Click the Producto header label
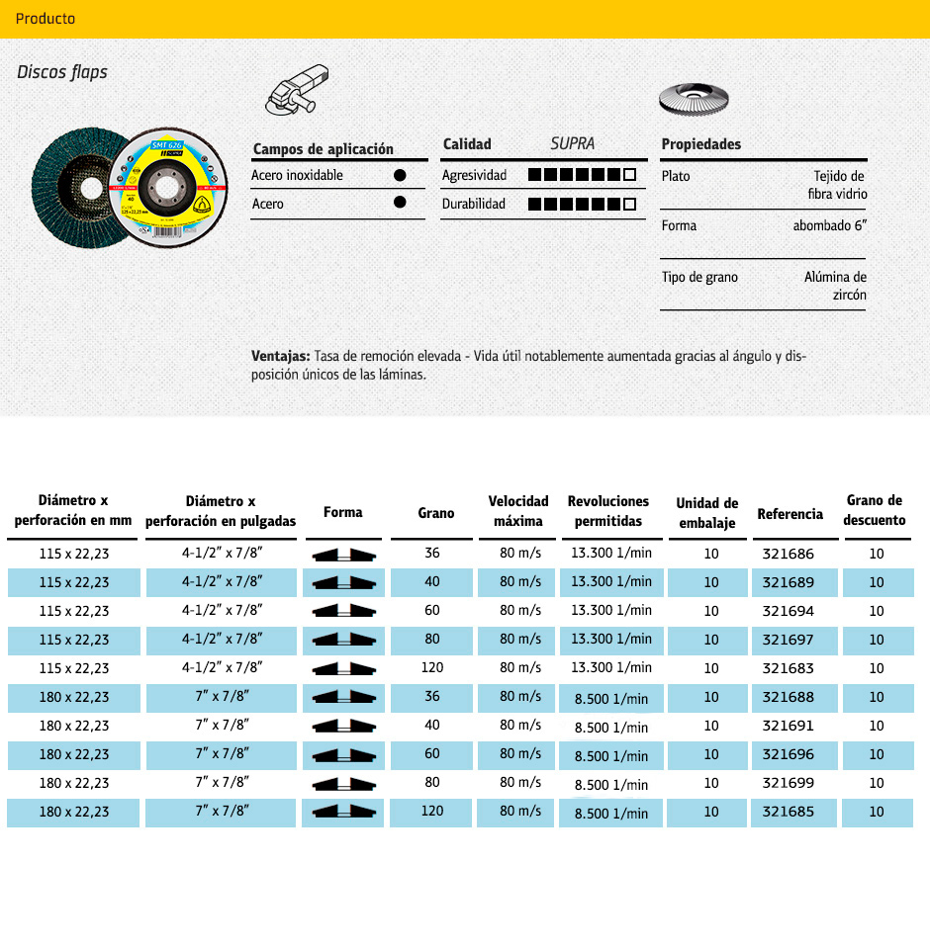46,19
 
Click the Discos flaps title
62,72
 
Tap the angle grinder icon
298,90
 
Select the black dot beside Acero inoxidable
400,175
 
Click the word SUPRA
573,143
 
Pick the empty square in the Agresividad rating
629,175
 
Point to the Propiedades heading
700,144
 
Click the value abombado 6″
829,225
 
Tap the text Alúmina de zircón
835,286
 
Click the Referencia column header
790,514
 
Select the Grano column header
436,513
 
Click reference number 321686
790,554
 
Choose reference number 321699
790,783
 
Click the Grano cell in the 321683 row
432,667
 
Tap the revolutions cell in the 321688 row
610,699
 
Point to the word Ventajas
281,356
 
